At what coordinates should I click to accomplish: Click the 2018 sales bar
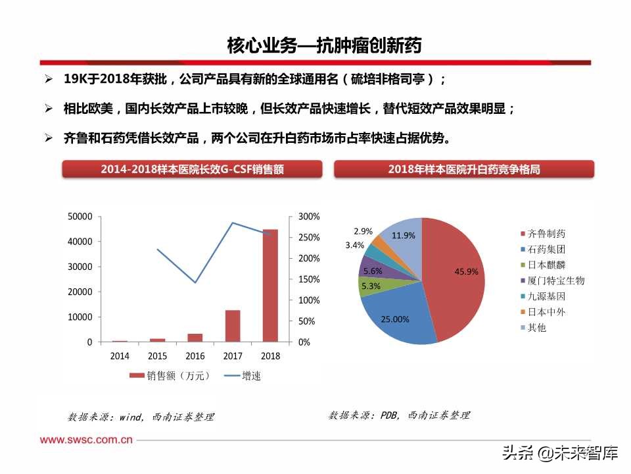(x=270, y=286)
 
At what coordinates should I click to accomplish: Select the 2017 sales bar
(x=233, y=326)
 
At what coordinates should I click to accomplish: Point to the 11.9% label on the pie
(x=404, y=235)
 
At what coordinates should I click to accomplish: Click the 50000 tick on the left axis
(x=80, y=217)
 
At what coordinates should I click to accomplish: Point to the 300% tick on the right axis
(x=309, y=217)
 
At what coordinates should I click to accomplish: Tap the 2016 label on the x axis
(x=195, y=356)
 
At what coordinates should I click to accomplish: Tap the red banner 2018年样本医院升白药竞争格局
(x=464, y=169)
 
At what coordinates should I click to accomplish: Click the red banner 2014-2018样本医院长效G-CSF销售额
(x=192, y=169)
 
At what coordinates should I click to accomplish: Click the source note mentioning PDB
(x=400, y=415)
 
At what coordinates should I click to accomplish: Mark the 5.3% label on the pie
(x=371, y=286)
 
